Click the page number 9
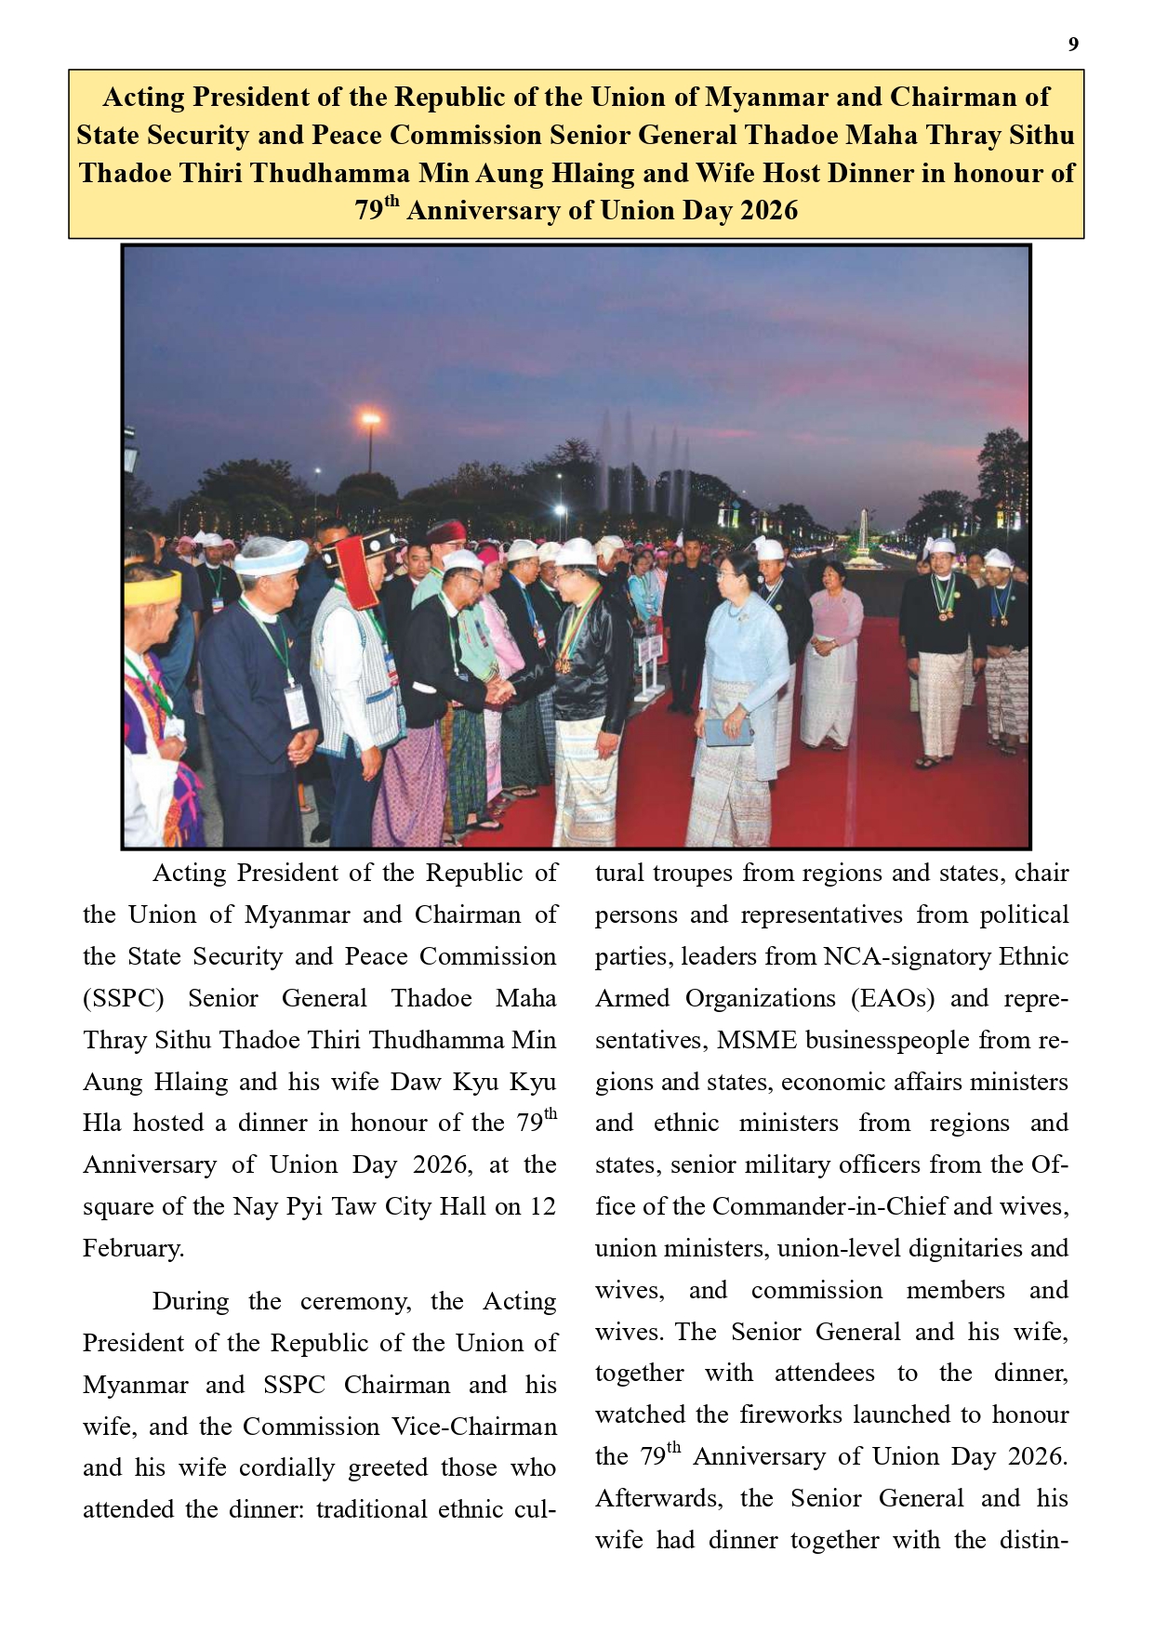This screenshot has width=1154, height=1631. pyautogui.click(x=1073, y=45)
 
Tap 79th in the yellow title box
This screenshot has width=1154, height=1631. pyautogui.click(x=376, y=210)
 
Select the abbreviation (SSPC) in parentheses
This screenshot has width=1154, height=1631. pyautogui.click(x=124, y=998)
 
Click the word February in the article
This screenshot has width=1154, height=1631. pyautogui.click(x=133, y=1248)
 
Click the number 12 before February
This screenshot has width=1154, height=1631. pyautogui.click(x=542, y=1206)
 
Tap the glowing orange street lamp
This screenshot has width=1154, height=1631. pyautogui.click(x=370, y=420)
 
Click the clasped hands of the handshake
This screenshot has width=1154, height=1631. pyautogui.click(x=499, y=690)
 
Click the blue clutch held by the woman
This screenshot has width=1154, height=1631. pyautogui.click(x=729, y=732)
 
